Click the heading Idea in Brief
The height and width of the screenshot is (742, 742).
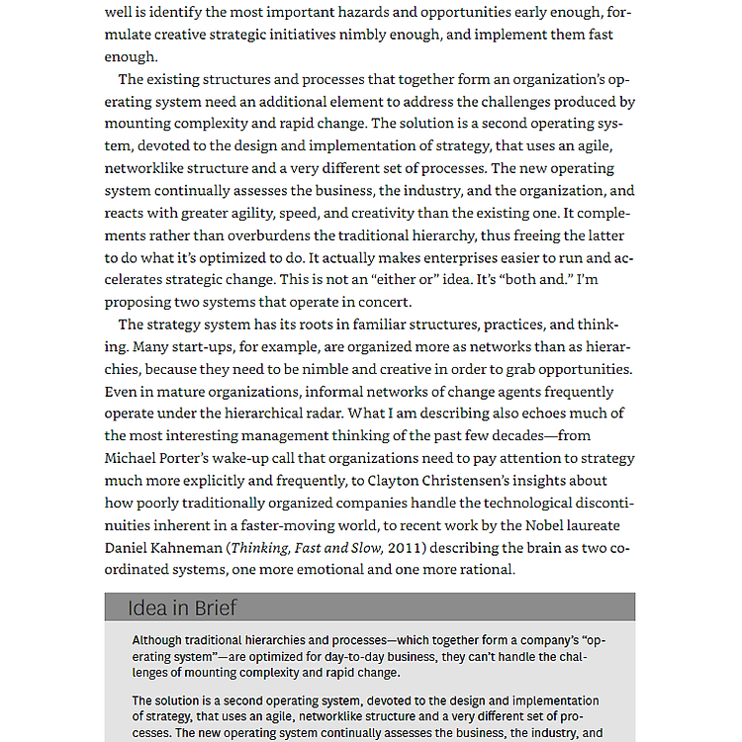pyautogui.click(x=182, y=607)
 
